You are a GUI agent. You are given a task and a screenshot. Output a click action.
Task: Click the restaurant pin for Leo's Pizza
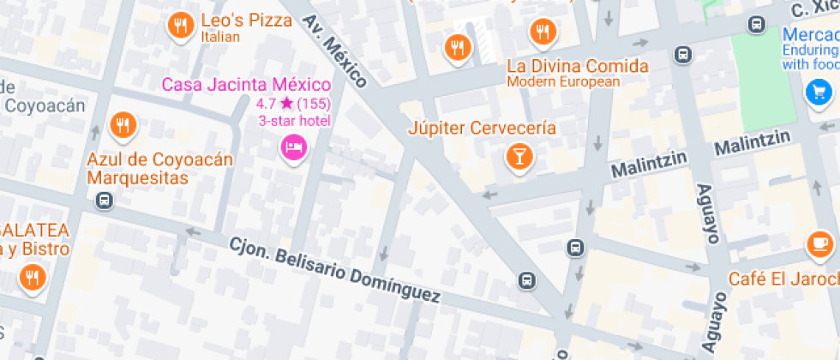pos(180,26)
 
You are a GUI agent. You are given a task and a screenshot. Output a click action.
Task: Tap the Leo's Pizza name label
pos(246,21)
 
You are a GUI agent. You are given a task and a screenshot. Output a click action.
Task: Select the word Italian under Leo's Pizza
pos(219,38)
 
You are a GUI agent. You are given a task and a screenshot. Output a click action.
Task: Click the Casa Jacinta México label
pos(246,85)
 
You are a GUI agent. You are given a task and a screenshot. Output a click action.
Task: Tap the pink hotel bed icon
pos(294,147)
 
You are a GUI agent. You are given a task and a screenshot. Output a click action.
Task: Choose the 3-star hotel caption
pos(295,121)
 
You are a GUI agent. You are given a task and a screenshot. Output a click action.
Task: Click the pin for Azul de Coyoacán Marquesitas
pos(123,126)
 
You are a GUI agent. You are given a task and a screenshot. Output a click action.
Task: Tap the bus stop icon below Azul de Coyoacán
pos(105,201)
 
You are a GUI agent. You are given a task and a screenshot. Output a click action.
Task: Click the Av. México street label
pos(335,51)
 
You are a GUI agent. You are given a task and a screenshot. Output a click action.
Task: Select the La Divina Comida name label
pos(577,66)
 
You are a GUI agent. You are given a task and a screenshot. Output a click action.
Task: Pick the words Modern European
pos(562,82)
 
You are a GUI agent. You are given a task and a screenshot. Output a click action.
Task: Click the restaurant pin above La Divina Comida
pos(543,33)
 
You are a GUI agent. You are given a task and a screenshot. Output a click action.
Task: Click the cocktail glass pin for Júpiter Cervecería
pos(519,156)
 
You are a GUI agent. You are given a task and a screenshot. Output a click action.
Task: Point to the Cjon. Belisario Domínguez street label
pos(334,270)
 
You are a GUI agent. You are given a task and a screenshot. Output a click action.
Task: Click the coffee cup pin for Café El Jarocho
pos(819,245)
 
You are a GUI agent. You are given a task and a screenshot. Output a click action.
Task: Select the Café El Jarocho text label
pos(783,279)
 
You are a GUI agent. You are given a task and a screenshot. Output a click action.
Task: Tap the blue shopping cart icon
pos(819,92)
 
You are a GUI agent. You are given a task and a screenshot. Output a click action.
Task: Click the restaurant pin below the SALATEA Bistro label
pos(33,277)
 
